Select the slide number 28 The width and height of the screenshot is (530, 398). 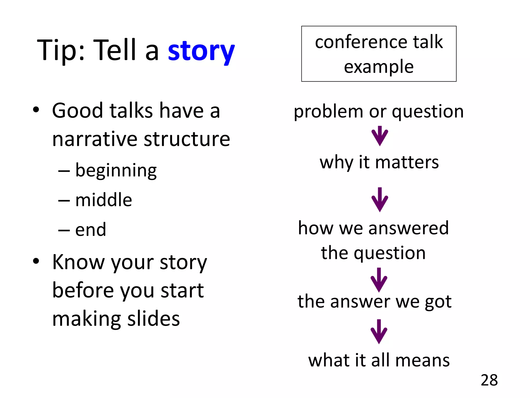pyautogui.click(x=489, y=380)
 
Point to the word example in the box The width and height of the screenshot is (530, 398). pyautogui.click(x=379, y=67)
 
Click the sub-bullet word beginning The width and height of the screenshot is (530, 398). pyautogui.click(x=116, y=171)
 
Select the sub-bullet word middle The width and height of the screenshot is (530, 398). pyautogui.click(x=104, y=200)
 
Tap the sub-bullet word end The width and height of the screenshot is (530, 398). pyautogui.click(x=91, y=230)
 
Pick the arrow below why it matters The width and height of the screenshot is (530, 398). pyautogui.click(x=380, y=200)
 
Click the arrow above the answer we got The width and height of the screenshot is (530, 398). pyautogui.click(x=379, y=280)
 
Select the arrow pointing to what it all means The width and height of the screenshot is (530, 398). pyautogui.click(x=379, y=332)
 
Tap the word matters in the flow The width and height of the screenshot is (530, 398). pyautogui.click(x=407, y=162)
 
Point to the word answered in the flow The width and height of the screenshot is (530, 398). pyautogui.click(x=408, y=228)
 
